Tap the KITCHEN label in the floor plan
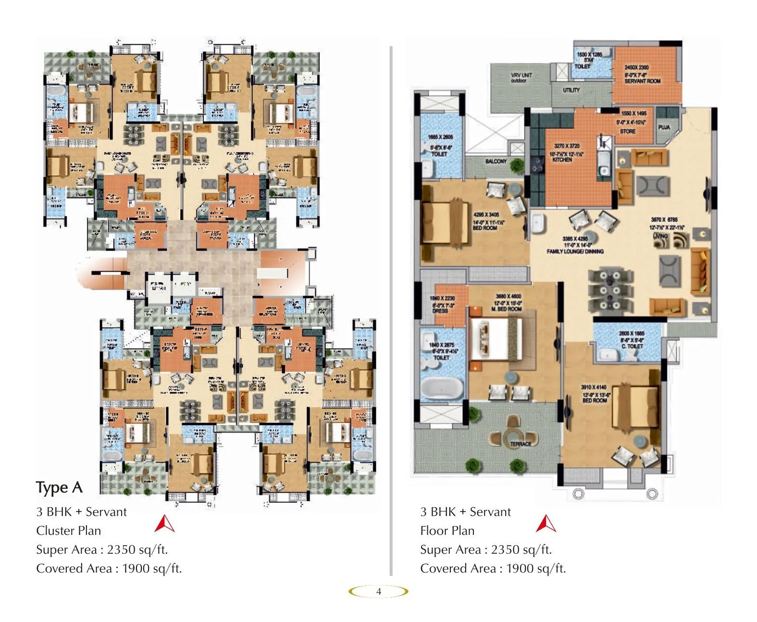click(x=562, y=159)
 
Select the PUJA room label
click(x=664, y=127)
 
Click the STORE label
click(x=627, y=131)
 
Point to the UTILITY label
click(x=571, y=90)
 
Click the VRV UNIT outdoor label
click(x=521, y=78)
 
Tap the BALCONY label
click(x=496, y=162)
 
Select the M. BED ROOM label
click(x=506, y=309)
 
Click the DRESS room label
click(x=440, y=311)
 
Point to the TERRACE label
click(x=521, y=444)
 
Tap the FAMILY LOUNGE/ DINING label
click(x=575, y=251)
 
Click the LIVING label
click(x=660, y=236)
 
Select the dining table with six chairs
click(x=609, y=291)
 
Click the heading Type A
click(x=59, y=488)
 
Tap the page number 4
click(x=378, y=592)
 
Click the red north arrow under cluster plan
click(x=164, y=524)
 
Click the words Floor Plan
click(x=447, y=531)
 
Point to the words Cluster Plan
click(x=68, y=531)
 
